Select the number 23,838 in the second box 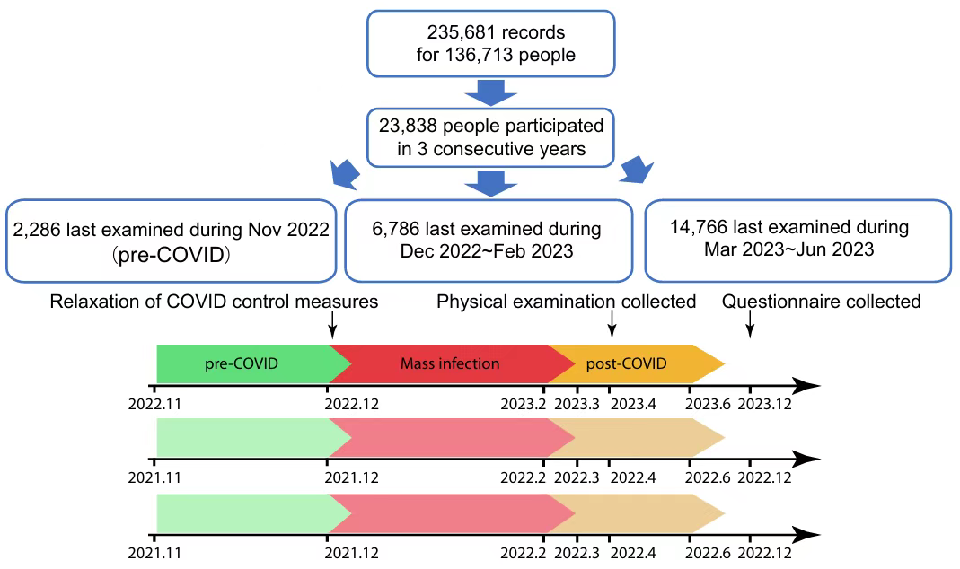coord(408,126)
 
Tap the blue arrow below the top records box coord(490,92)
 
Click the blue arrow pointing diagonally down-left coord(344,175)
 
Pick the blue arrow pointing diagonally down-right coord(637,170)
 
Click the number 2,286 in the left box coord(37,230)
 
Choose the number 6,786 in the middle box coord(395,229)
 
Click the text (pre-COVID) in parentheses coord(172,255)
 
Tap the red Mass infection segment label coord(450,363)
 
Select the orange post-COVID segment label coord(626,363)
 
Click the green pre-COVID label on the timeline coord(242,363)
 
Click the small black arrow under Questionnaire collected coord(750,324)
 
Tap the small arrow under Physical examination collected coord(612,324)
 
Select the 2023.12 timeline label coord(765,405)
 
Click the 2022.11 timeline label coord(154,405)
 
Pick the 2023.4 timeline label coord(634,405)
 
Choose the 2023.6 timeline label coord(708,405)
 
